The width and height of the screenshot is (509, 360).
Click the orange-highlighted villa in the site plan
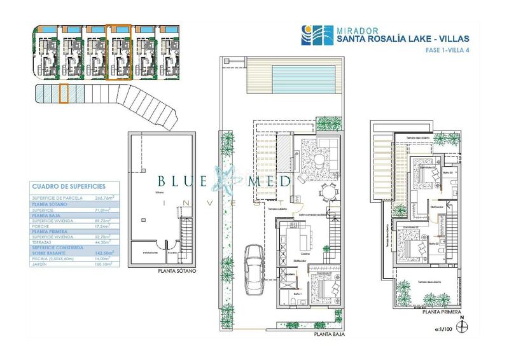pos(118,53)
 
